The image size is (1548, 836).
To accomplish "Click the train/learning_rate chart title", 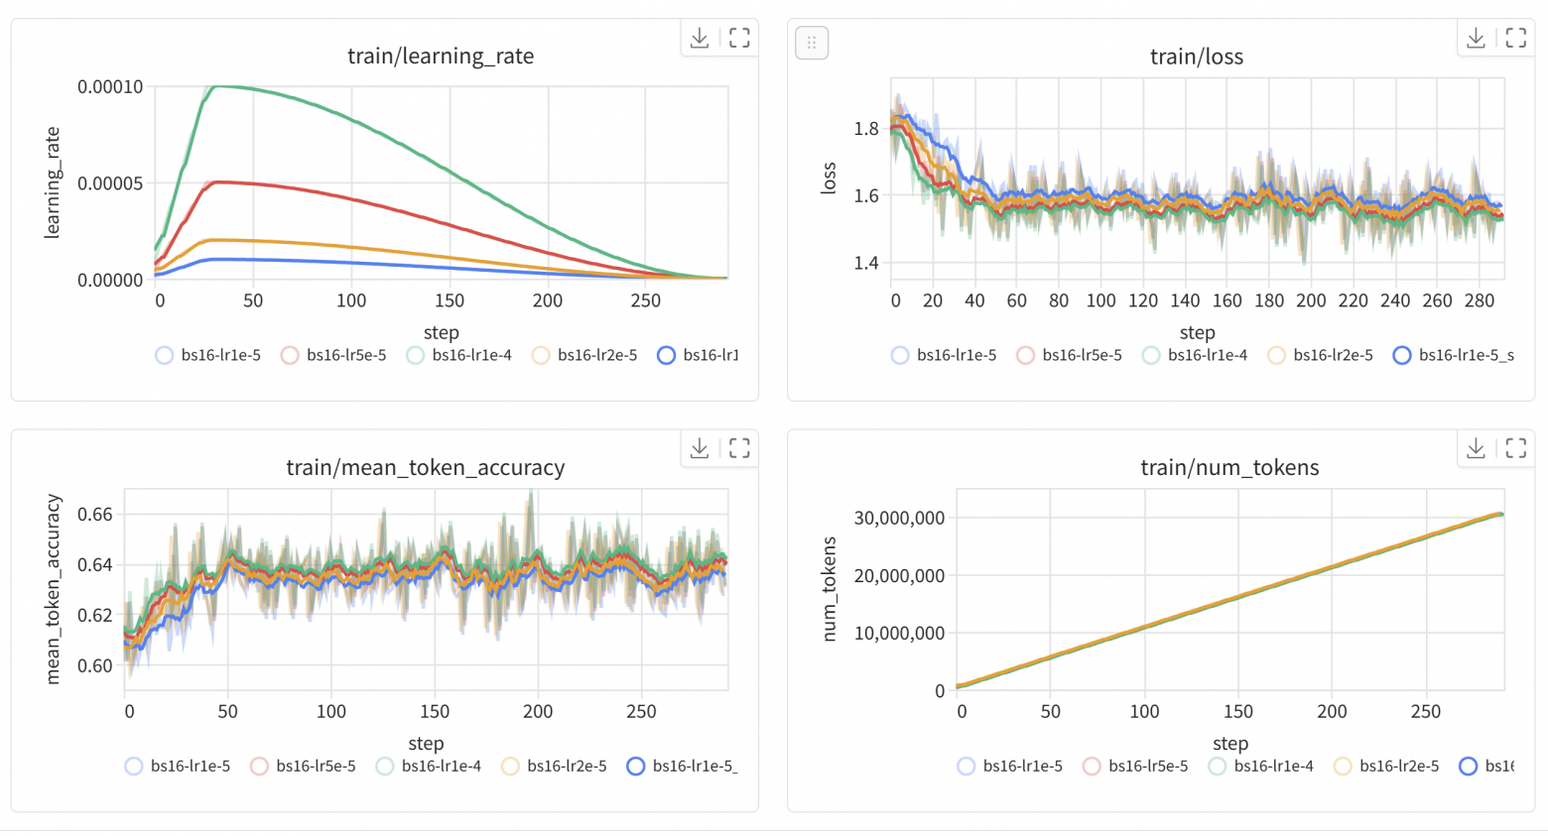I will coord(441,57).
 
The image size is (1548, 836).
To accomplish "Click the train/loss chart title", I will coord(1196,57).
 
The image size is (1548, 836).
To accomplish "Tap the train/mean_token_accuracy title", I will coord(425,467).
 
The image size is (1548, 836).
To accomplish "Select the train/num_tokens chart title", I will coord(1229,467).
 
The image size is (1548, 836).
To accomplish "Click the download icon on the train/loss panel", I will coord(1476,38).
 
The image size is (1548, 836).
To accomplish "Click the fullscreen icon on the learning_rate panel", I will coord(739,38).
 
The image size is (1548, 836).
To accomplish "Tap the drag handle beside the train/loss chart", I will coord(812,43).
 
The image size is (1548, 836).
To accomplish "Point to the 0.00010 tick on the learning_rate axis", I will coord(110,87).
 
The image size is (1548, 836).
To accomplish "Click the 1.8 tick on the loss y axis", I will coord(865,128).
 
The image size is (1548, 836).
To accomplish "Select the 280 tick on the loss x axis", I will coord(1479,300).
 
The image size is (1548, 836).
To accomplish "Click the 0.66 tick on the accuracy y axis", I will coord(95,515).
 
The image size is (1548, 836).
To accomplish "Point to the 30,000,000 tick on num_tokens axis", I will coord(899,518).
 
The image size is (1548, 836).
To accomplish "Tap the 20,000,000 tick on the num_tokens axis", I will coord(899,575).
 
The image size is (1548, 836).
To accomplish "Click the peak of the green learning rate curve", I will coord(216,86).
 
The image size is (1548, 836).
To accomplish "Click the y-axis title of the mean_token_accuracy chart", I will coord(54,589).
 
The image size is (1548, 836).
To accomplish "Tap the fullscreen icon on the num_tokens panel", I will coord(1515,448).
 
